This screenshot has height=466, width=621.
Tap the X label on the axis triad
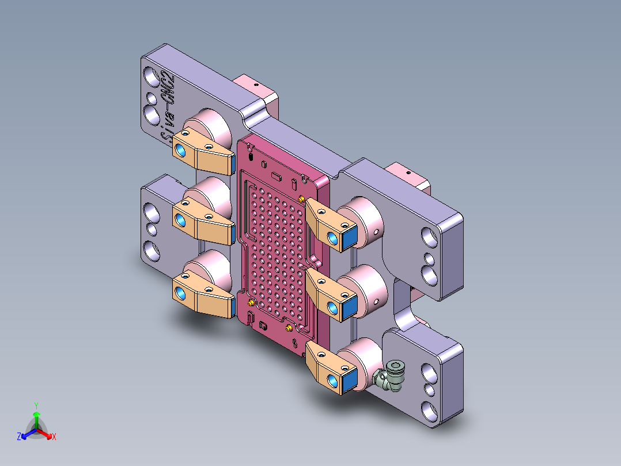click(x=54, y=437)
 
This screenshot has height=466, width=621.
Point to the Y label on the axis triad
click(x=36, y=405)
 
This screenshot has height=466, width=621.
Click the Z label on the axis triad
click(x=19, y=437)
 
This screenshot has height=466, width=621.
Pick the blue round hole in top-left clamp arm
click(x=180, y=151)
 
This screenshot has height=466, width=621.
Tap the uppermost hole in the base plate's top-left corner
click(x=151, y=75)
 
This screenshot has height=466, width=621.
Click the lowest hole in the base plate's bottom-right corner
click(x=429, y=411)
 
